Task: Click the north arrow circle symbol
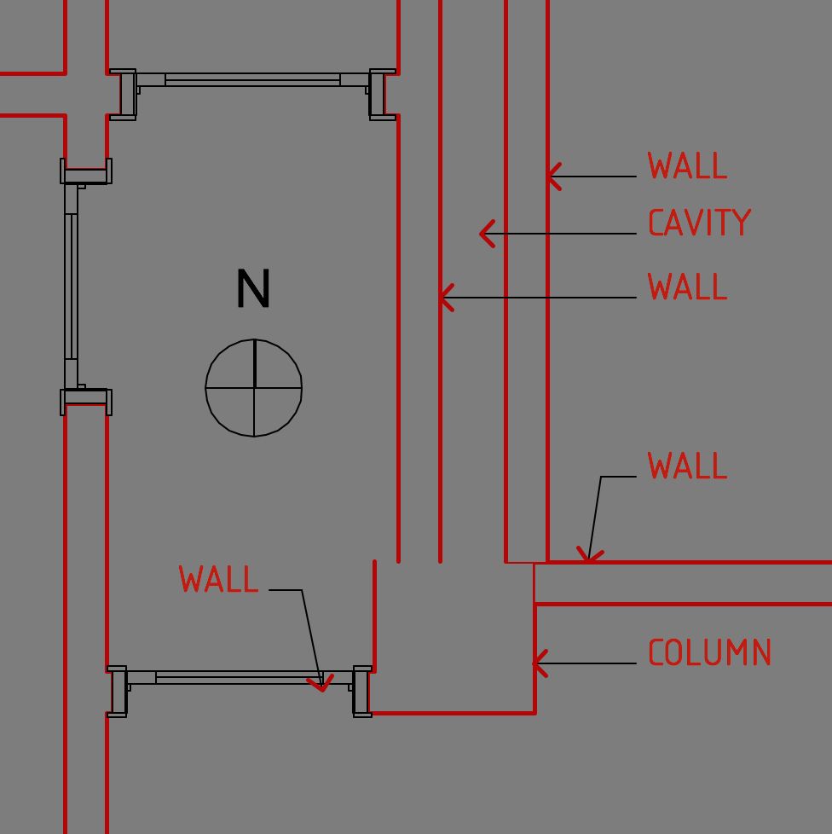pos(254,388)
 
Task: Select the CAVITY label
pos(699,223)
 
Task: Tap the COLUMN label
pos(709,653)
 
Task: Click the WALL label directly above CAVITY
pos(687,166)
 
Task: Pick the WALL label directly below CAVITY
pos(687,287)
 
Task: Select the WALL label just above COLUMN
pos(687,466)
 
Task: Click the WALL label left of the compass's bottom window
pos(219,580)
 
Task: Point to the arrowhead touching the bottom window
pos(322,685)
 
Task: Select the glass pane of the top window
pos(252,80)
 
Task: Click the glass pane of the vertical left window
pos(72,286)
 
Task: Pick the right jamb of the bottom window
pos(362,692)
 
